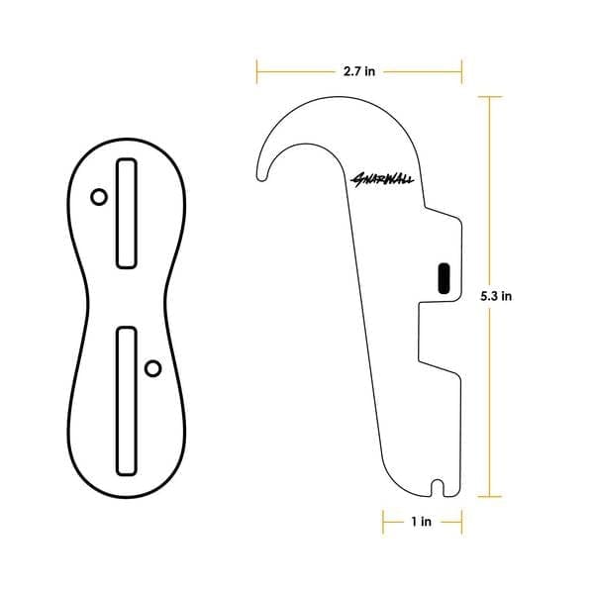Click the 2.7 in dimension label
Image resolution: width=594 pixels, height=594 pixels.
point(359,71)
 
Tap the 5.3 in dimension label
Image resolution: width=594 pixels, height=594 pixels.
point(496,296)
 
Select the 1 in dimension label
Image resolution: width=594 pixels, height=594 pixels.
point(422,522)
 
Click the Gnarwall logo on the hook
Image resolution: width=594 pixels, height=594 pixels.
point(382,179)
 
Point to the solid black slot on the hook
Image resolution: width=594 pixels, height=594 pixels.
point(444,278)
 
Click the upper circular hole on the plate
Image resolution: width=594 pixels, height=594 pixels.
point(99,197)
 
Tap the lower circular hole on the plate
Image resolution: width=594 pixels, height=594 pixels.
point(153,368)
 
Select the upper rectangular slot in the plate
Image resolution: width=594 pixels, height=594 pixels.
point(126,213)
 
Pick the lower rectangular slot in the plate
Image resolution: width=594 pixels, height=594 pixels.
point(126,401)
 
